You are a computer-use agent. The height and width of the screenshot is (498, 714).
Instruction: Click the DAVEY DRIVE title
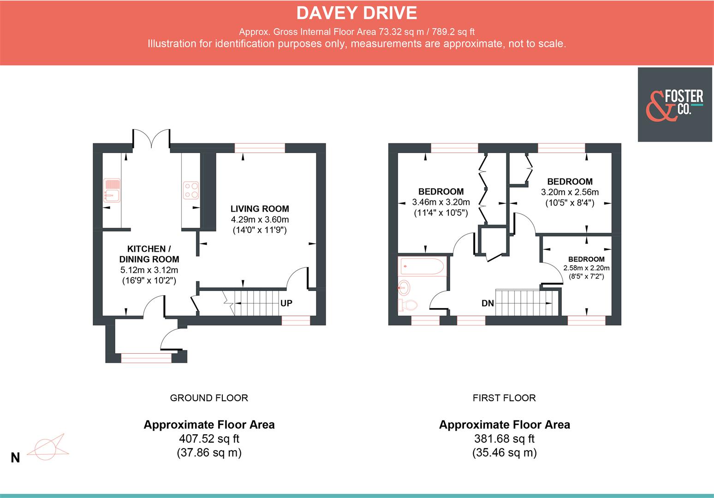[357, 13]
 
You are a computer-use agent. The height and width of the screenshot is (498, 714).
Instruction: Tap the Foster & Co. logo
[675, 105]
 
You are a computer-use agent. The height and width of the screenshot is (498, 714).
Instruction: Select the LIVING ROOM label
[260, 209]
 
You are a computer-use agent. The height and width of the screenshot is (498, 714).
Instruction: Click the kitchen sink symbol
[112, 190]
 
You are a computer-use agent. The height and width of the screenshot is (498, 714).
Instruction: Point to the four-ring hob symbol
[191, 190]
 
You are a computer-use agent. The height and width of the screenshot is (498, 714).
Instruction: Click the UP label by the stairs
[286, 303]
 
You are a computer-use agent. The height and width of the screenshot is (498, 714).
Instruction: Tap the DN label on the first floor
[488, 303]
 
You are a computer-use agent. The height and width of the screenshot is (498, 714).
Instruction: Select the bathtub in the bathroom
[422, 266]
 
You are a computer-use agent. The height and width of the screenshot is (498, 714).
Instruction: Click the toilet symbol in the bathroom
[408, 305]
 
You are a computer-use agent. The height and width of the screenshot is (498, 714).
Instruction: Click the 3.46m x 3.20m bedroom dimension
[440, 202]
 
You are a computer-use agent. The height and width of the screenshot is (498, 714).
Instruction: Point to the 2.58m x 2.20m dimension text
[586, 268]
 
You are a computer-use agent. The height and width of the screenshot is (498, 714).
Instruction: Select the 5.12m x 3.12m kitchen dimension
[149, 270]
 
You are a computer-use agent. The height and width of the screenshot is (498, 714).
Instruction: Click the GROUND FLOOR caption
[209, 398]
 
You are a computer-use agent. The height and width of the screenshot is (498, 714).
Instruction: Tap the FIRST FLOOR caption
[504, 398]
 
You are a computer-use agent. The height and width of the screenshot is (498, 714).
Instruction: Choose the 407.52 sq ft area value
[209, 439]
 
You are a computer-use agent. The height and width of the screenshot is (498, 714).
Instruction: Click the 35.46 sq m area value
[504, 453]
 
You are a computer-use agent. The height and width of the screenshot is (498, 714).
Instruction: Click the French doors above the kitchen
[152, 138]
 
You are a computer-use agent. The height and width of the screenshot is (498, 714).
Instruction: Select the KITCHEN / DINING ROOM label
[149, 254]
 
